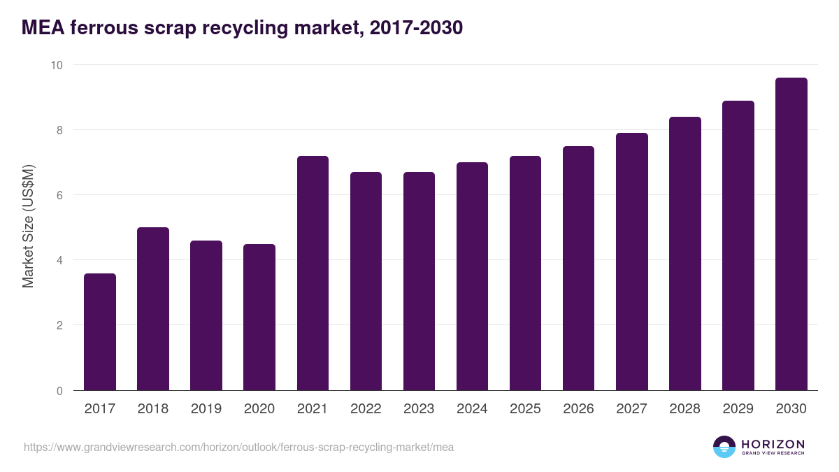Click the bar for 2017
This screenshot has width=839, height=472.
click(x=100, y=332)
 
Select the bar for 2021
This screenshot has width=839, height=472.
click(x=313, y=273)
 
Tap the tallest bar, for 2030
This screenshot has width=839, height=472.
click(x=791, y=234)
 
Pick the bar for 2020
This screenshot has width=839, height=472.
click(x=259, y=317)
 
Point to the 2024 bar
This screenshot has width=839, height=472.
click(x=472, y=277)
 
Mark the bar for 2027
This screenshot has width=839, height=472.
click(x=631, y=262)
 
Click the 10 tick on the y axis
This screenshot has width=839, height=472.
click(x=56, y=65)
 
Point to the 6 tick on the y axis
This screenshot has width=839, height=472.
click(x=59, y=195)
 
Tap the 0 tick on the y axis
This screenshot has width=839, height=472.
click(x=59, y=391)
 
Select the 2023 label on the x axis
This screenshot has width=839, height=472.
click(x=419, y=409)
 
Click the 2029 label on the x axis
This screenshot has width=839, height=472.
click(x=738, y=409)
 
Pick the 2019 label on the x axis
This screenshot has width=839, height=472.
click(x=206, y=409)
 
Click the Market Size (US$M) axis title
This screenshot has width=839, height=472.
click(x=28, y=227)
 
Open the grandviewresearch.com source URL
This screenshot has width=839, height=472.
click(x=238, y=447)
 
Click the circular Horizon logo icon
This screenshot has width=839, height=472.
click(x=724, y=447)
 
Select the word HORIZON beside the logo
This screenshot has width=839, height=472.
click(x=773, y=443)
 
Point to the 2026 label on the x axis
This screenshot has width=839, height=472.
click(x=578, y=409)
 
